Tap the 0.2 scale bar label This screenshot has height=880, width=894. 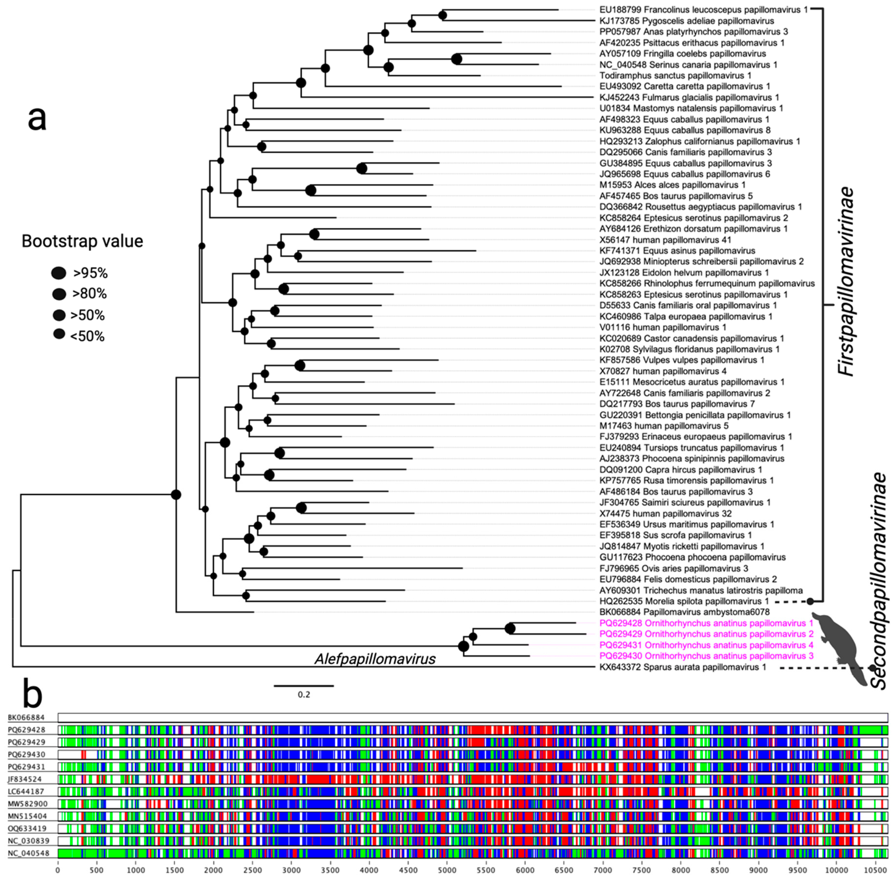pyautogui.click(x=304, y=694)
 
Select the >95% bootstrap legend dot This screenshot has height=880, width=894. pyautogui.click(x=59, y=273)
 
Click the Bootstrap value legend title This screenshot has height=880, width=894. pyautogui.click(x=82, y=241)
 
